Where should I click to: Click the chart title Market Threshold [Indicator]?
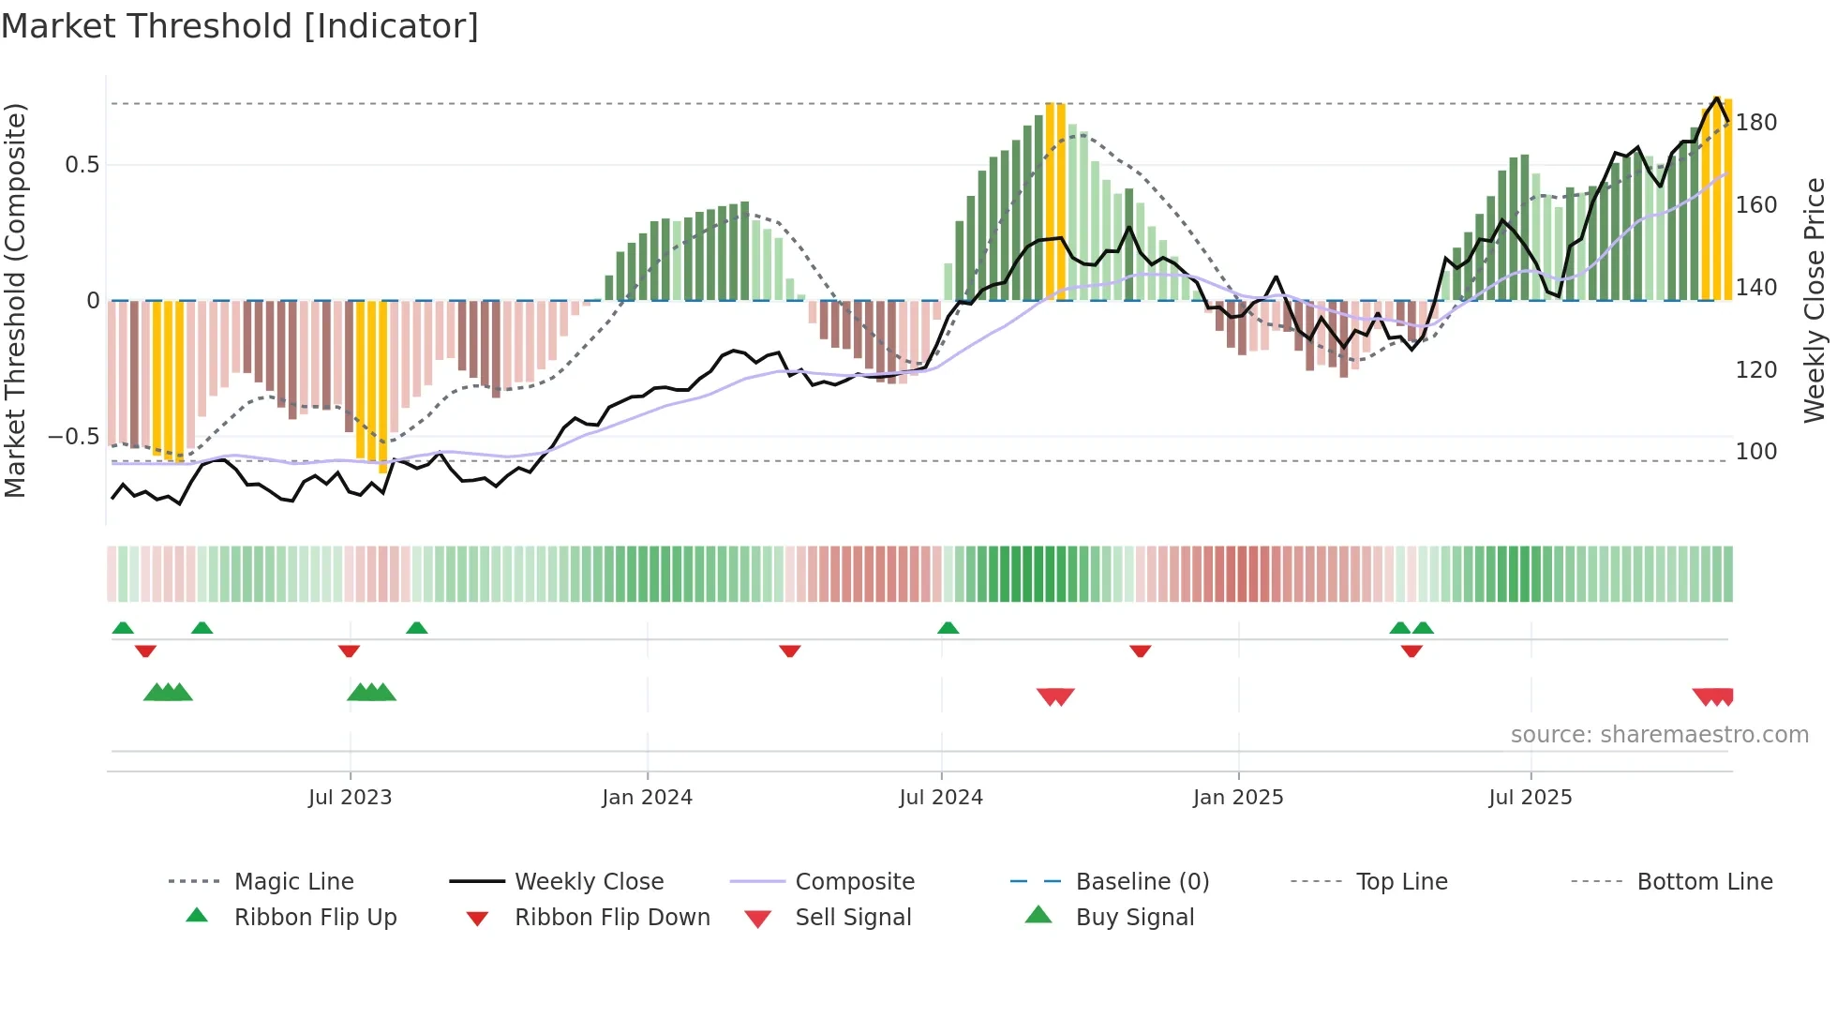240,26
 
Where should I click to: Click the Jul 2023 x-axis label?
350,798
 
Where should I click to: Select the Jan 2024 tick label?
647,798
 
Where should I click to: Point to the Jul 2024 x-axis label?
941,798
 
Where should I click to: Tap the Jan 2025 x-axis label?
1238,798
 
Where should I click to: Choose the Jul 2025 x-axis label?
1531,798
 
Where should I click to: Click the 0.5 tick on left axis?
82,165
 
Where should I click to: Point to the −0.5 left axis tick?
74,437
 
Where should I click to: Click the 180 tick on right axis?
1756,123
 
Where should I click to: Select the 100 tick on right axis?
1756,452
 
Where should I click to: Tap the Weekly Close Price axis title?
1815,300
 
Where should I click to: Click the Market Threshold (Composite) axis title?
15,300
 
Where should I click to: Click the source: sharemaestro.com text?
1659,735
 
